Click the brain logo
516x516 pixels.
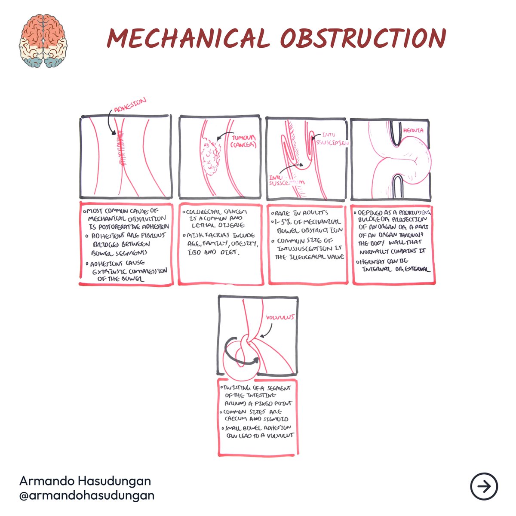tap(43, 41)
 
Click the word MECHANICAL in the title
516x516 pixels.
tap(188, 39)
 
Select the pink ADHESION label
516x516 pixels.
tap(130, 104)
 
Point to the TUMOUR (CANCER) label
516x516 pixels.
tap(243, 141)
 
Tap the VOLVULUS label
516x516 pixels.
tap(280, 317)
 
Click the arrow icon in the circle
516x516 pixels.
tap(484, 486)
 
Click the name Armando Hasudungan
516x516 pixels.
tap(85, 481)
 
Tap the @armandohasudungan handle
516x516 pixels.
tap(87, 495)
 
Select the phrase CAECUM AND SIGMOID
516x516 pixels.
tap(256, 419)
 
